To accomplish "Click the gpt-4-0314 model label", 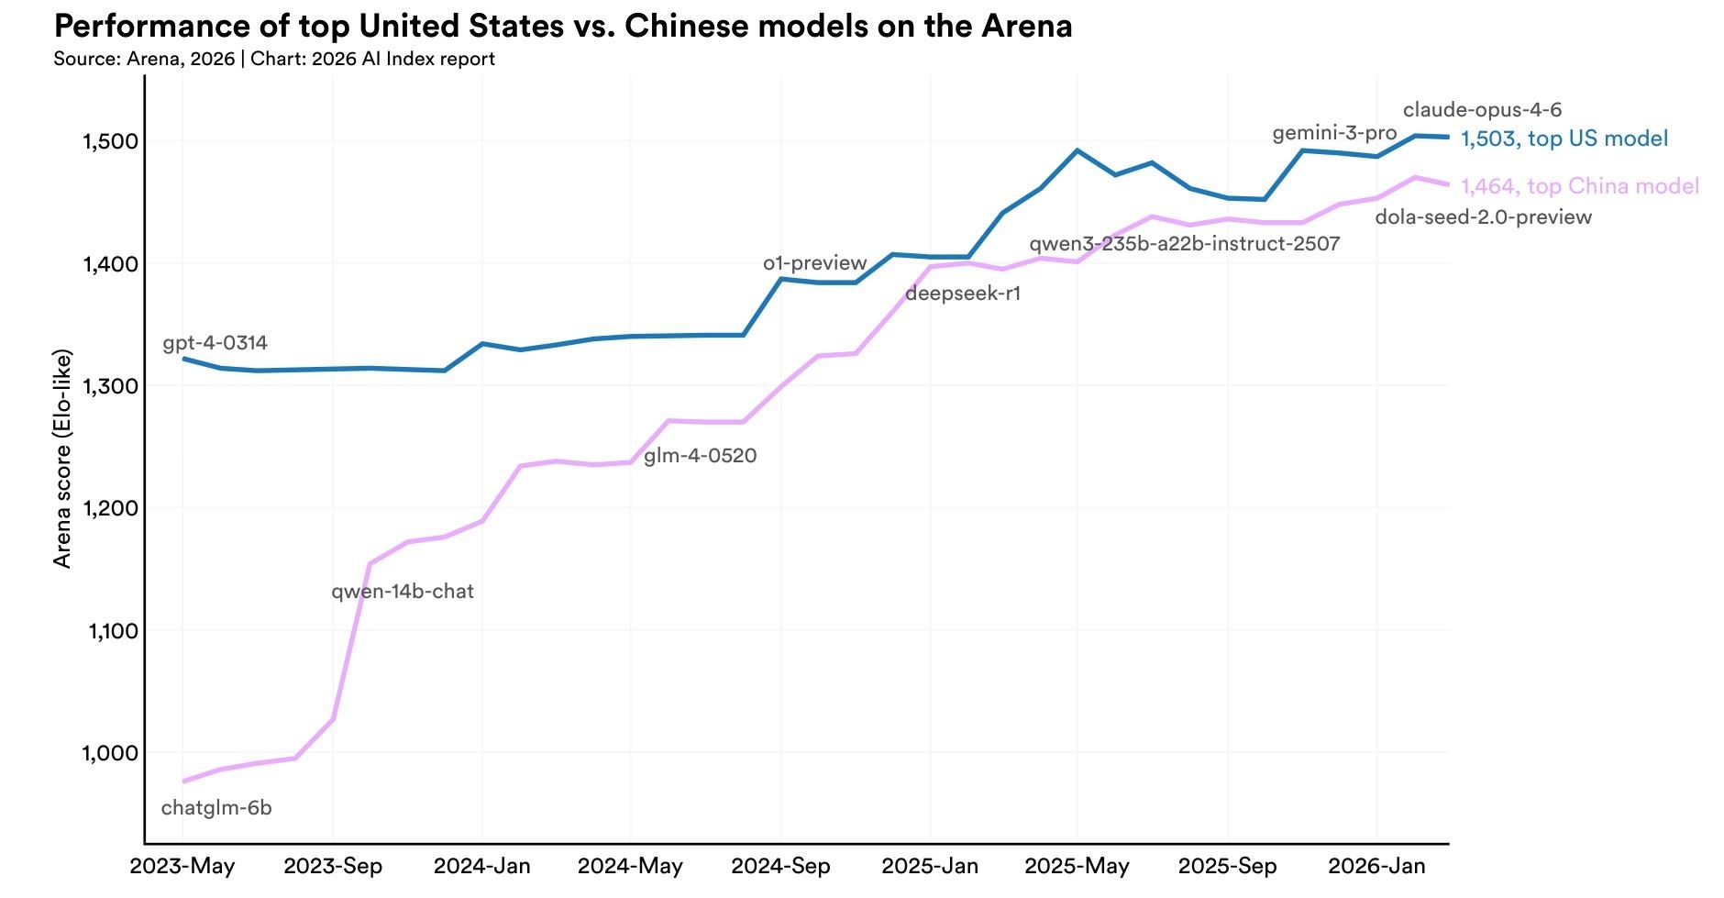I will point(215,343).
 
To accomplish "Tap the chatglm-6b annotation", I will point(216,808).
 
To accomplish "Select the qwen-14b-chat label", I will point(403,592).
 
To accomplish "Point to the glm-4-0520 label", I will point(701,456).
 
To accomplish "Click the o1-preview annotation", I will point(815,263).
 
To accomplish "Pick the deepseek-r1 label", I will point(963,294).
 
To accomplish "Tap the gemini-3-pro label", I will point(1334,134).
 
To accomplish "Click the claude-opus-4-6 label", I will point(1482,110).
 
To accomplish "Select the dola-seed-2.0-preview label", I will point(1484,217).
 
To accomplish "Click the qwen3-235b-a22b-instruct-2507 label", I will point(1185,244).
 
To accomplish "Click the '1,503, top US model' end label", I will point(1564,139).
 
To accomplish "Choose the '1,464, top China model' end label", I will point(1580,187).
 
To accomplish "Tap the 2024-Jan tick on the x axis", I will point(482,867).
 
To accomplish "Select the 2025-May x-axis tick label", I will point(1077,867).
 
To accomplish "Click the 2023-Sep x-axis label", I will point(333,867).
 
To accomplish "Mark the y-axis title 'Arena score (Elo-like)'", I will point(62,459).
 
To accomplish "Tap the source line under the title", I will point(274,60).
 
